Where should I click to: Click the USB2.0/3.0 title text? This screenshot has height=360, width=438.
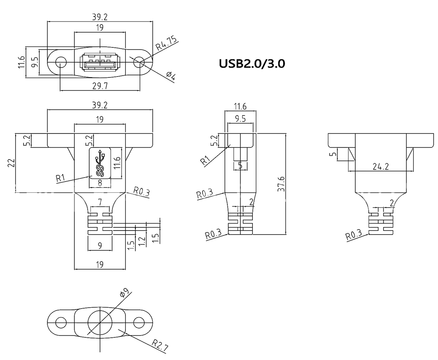[x=252, y=64]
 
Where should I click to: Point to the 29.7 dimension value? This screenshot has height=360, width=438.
[x=100, y=86]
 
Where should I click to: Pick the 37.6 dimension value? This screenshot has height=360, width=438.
[x=281, y=184]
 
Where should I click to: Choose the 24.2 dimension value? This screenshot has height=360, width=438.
[x=380, y=167]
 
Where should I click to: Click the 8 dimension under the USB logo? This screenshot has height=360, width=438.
[x=100, y=183]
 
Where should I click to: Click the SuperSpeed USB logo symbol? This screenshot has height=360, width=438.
[x=100, y=163]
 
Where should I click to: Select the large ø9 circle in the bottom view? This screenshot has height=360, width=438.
[x=100, y=322]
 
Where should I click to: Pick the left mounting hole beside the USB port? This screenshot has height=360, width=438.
[x=61, y=62]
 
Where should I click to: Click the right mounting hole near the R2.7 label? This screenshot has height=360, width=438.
[x=139, y=321]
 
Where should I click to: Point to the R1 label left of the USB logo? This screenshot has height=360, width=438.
[x=61, y=178]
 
